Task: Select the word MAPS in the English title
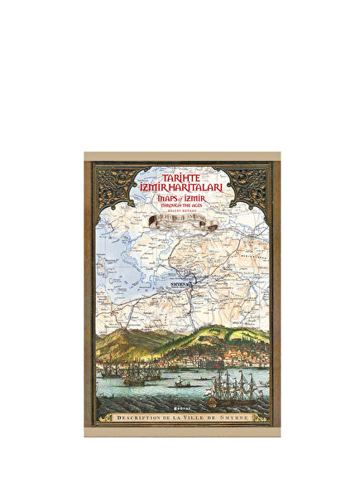coord(162,199)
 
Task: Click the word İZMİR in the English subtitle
coord(195,199)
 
